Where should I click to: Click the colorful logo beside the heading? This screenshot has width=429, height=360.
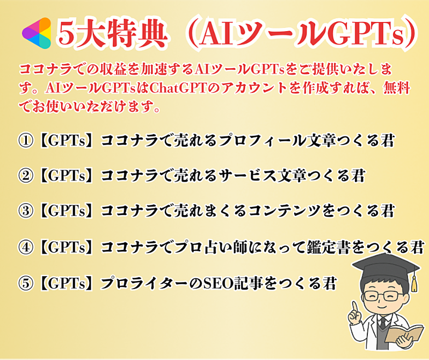tap(37, 33)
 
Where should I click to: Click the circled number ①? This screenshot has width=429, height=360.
tap(26, 140)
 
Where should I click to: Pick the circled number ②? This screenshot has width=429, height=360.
tap(26, 176)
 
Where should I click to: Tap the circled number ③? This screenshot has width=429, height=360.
tap(26, 211)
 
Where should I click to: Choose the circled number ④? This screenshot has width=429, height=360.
tap(26, 247)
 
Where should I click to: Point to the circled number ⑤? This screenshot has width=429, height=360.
tap(26, 283)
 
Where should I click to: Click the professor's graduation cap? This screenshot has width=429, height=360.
tap(386, 267)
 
